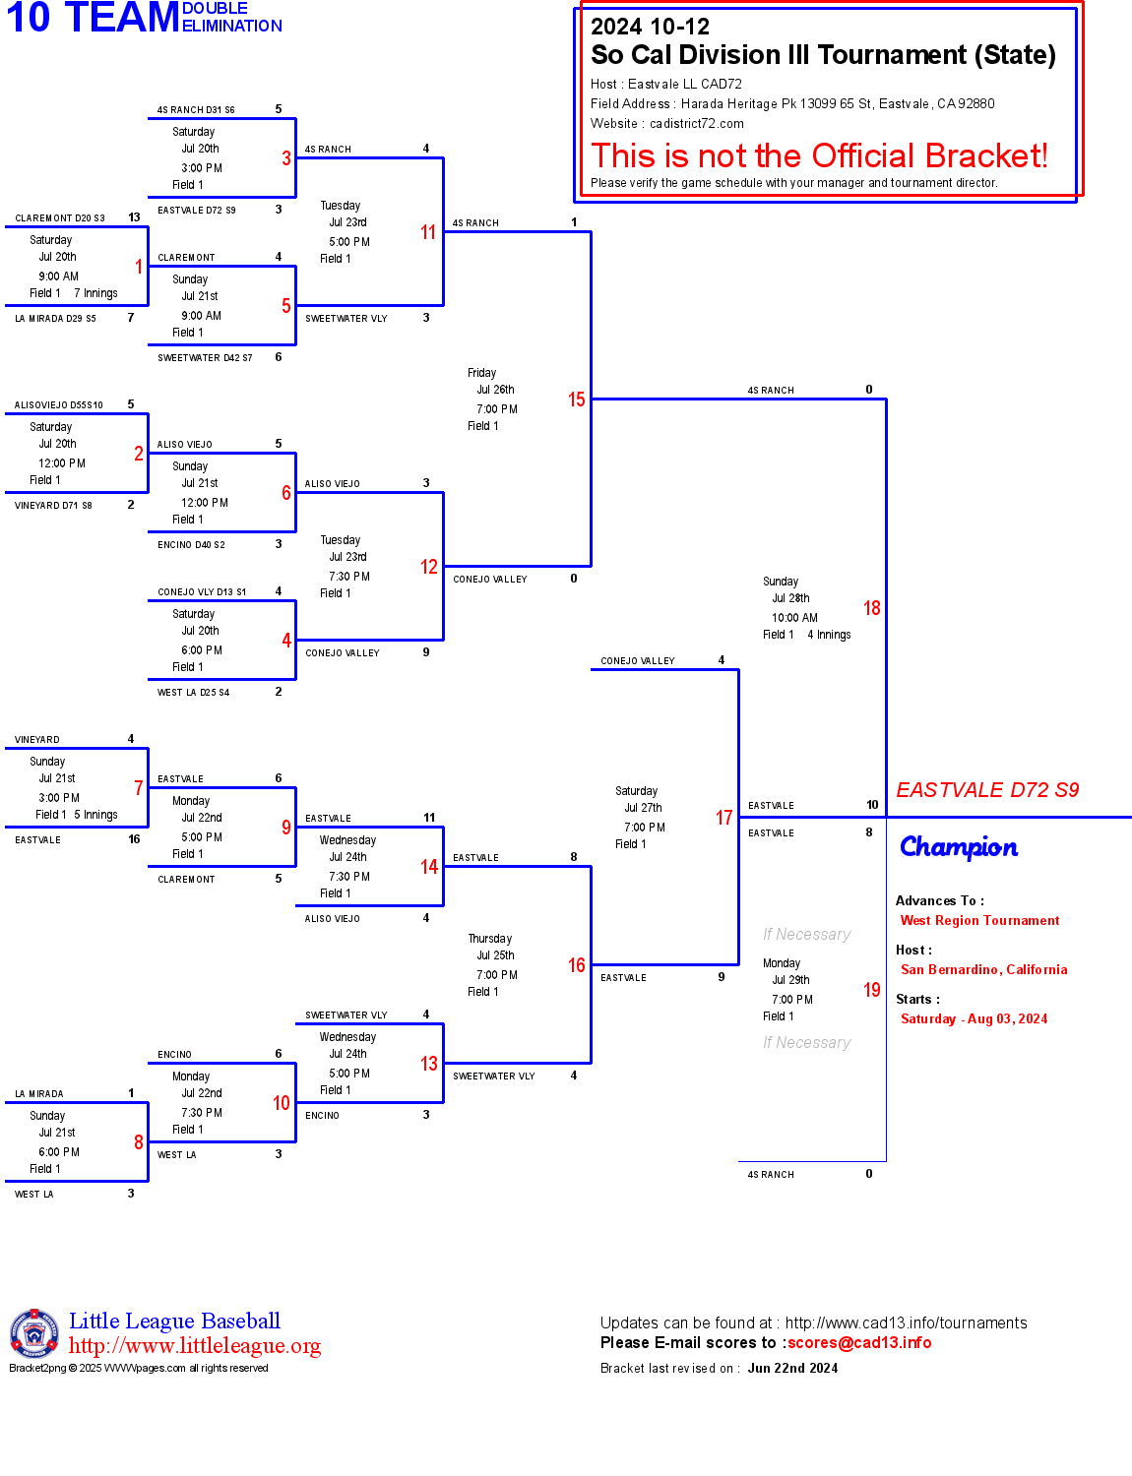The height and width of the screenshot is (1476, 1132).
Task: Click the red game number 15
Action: pyautogui.click(x=576, y=400)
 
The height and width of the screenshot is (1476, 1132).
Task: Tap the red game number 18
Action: pyautogui.click(x=871, y=608)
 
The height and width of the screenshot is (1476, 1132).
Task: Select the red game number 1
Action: pyautogui.click(x=139, y=267)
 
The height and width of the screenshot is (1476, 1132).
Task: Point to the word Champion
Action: pyautogui.click(x=959, y=847)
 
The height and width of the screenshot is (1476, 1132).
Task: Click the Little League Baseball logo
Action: pyautogui.click(x=34, y=1333)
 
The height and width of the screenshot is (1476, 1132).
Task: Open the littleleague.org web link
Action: pyautogui.click(x=195, y=1346)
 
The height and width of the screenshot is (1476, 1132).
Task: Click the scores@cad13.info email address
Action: pyautogui.click(x=859, y=1343)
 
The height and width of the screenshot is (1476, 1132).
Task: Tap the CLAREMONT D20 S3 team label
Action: pyautogui.click(x=59, y=218)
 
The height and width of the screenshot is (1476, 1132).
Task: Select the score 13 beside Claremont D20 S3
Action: pyautogui.click(x=134, y=217)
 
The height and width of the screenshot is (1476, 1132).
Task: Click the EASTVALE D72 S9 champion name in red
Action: pyautogui.click(x=987, y=790)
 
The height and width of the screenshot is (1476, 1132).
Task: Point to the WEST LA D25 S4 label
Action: pyautogui.click(x=193, y=693)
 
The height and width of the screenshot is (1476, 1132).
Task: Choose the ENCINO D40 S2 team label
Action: pyautogui.click(x=191, y=545)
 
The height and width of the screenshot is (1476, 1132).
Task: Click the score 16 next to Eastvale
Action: pyautogui.click(x=134, y=839)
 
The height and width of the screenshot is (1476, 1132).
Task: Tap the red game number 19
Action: pyautogui.click(x=871, y=990)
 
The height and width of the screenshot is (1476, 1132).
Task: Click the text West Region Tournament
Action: pyautogui.click(x=979, y=921)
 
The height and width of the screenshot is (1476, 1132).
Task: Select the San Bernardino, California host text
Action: pyautogui.click(x=983, y=970)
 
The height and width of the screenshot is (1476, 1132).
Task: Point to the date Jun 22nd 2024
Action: pyautogui.click(x=792, y=1369)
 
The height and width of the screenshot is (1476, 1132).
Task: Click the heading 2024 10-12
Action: pyautogui.click(x=650, y=27)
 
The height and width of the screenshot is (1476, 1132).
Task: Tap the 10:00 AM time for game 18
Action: pyautogui.click(x=794, y=618)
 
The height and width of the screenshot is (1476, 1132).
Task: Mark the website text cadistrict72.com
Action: pyautogui.click(x=696, y=124)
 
